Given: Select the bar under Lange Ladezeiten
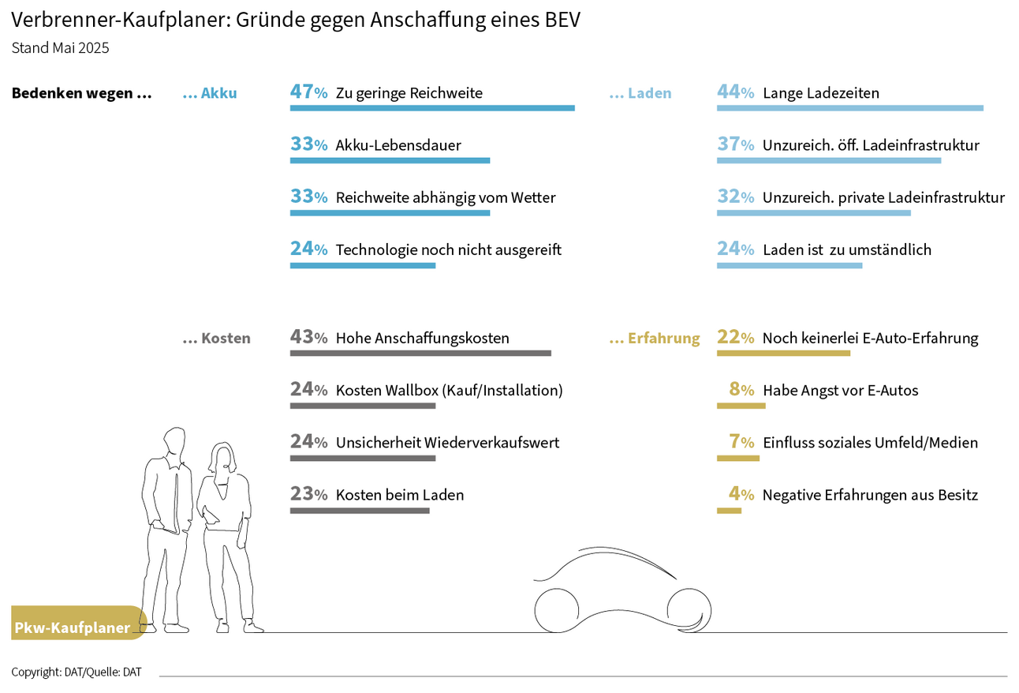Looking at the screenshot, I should point(849,108).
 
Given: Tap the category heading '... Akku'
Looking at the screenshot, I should point(209,93).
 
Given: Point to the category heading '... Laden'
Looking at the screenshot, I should point(640,93).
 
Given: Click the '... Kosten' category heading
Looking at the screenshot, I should point(216,338).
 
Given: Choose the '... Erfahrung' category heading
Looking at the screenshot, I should point(654,338).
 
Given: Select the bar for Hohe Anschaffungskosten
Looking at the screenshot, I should point(420,353).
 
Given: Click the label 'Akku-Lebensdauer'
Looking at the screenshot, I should point(398,145).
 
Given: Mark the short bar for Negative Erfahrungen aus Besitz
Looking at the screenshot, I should point(729,511).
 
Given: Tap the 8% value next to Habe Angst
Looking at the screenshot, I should point(742,390).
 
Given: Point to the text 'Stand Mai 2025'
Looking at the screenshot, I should point(60,47).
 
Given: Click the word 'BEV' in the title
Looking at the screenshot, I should point(562,20).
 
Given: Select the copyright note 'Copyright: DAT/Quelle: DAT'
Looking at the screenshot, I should point(77,672).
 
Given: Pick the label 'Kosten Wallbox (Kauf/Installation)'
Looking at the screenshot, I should point(449,390).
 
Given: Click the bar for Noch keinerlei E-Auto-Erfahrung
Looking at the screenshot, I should point(783,353).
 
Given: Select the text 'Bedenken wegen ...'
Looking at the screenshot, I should point(81,93).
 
